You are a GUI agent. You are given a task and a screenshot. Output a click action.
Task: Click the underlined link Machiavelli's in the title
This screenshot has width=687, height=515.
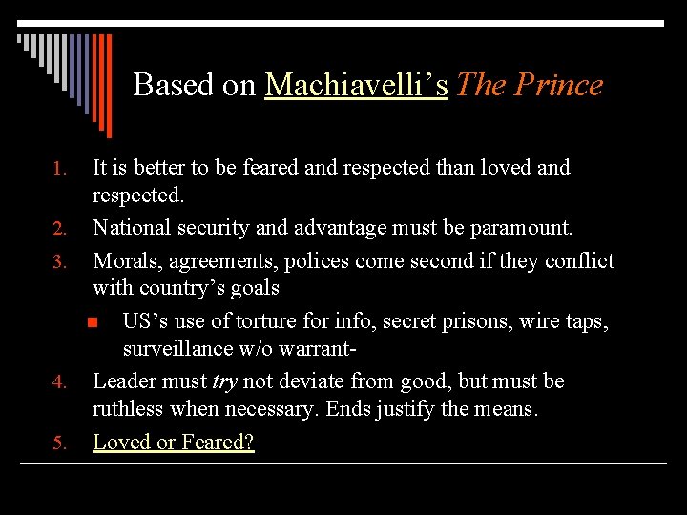coord(356,85)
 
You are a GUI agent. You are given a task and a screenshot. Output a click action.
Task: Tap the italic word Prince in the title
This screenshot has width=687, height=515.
coord(558,85)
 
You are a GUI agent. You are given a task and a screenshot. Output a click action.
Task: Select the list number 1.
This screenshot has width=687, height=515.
coord(58,170)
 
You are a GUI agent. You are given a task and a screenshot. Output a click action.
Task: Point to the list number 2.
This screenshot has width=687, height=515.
coord(58,230)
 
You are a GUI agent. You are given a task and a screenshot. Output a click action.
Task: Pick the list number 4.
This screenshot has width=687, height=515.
coord(58,383)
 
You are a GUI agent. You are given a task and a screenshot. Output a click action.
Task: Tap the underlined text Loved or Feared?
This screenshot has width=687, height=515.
coord(173,443)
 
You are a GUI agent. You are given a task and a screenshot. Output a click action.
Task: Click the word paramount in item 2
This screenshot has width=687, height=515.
coord(523,229)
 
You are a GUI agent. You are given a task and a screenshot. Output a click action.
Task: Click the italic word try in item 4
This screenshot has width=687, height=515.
coord(224,381)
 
